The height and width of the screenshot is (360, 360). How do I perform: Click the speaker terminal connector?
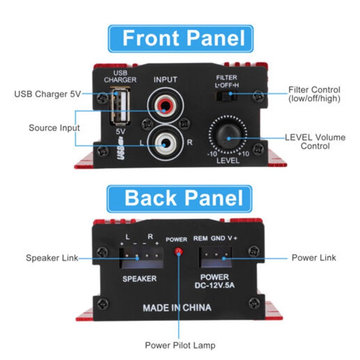pos(139,257)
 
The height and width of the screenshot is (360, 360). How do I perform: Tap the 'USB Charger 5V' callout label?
pos(47,94)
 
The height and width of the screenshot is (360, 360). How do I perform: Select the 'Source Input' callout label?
pos(54,128)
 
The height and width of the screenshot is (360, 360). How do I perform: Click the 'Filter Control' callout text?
pos(314,94)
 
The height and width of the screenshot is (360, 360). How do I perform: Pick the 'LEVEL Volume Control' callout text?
pos(315,141)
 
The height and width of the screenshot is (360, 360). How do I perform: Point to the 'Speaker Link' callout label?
pos(52,258)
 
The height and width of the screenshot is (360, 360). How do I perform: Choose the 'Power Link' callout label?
pos(314,258)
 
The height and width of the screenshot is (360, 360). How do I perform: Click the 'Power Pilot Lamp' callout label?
pos(180,345)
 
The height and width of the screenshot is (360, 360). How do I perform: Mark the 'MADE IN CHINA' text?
pos(177,308)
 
